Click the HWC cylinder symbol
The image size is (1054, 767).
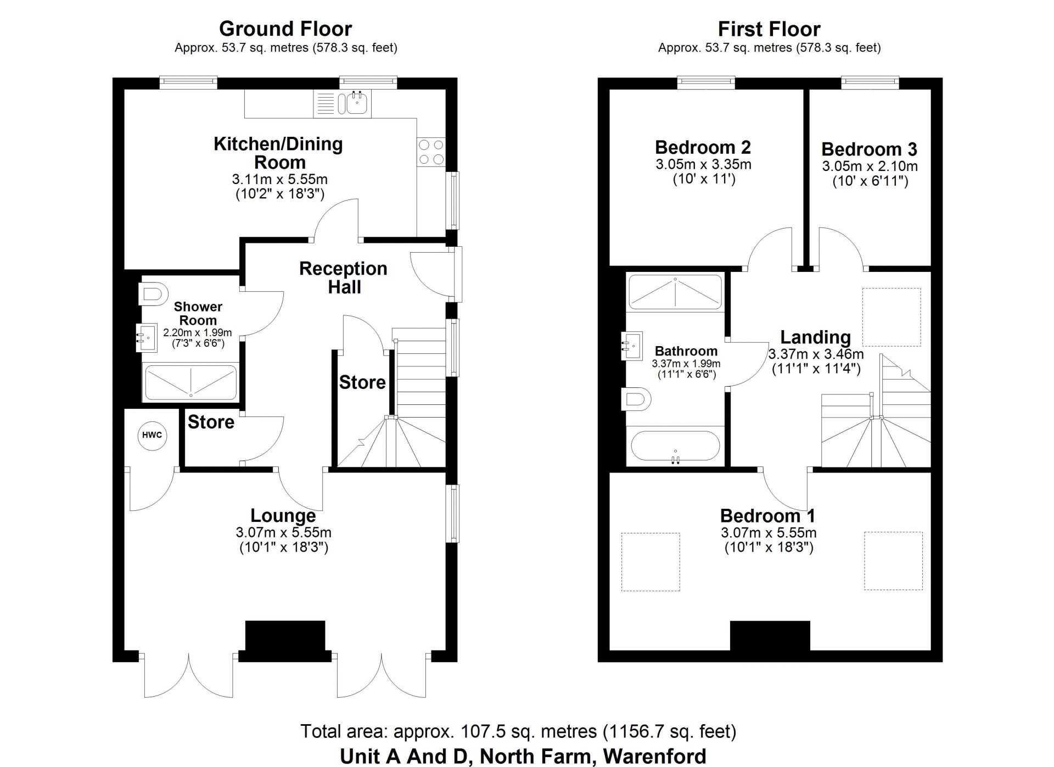[x=152, y=435]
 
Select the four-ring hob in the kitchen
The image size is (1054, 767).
[x=431, y=152]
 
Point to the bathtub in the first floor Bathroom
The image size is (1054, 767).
[x=675, y=446]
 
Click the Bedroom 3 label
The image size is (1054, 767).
[x=869, y=149]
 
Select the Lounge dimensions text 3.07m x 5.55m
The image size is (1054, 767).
[x=283, y=532]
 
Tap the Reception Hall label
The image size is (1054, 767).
[x=343, y=277]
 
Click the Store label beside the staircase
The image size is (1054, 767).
[x=362, y=382]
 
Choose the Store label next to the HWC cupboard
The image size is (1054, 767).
[x=211, y=422]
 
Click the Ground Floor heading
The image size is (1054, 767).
[x=285, y=29]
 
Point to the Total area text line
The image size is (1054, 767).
[x=518, y=731]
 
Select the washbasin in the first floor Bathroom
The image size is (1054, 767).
[x=632, y=345]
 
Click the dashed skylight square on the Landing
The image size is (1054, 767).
[x=891, y=317]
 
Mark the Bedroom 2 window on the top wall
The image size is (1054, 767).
[x=705, y=82]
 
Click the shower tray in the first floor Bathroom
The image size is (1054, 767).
[x=675, y=292]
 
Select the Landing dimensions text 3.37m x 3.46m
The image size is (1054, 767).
[x=815, y=354]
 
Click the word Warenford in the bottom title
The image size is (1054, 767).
[x=654, y=757]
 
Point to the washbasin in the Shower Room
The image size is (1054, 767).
[x=147, y=337]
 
